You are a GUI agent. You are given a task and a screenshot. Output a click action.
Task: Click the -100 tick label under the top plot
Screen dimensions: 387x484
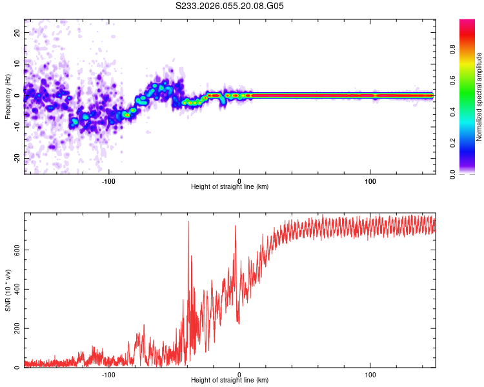(x=108, y=180)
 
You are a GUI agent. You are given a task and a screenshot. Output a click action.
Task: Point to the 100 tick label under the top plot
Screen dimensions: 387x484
(x=370, y=180)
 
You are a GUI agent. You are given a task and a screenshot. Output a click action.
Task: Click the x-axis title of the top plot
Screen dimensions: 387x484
(x=230, y=187)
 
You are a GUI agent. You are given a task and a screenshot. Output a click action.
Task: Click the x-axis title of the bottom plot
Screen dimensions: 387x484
(x=230, y=381)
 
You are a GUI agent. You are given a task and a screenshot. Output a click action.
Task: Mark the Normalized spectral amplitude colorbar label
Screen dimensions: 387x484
(x=479, y=97)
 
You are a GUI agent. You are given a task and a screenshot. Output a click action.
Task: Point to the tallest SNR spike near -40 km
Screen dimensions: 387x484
(x=188, y=223)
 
